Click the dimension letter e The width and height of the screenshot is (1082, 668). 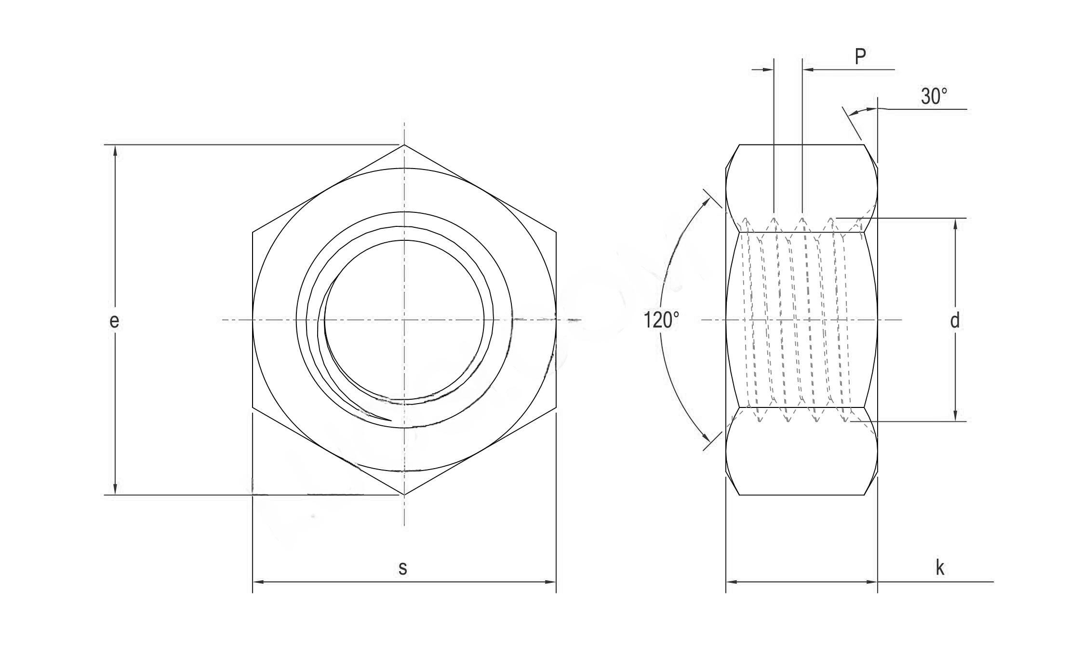(x=114, y=321)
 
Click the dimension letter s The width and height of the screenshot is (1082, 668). (x=403, y=568)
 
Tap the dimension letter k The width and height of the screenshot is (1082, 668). (x=940, y=568)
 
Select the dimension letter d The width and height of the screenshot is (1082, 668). (x=955, y=320)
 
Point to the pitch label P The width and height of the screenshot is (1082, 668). (x=860, y=57)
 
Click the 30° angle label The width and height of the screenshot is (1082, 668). (x=934, y=96)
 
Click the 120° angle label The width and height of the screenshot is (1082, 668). (x=661, y=320)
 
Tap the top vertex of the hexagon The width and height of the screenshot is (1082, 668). (x=404, y=144)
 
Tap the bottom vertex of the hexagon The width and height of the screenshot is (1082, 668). (x=404, y=495)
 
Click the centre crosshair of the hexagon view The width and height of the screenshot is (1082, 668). (x=404, y=319)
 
